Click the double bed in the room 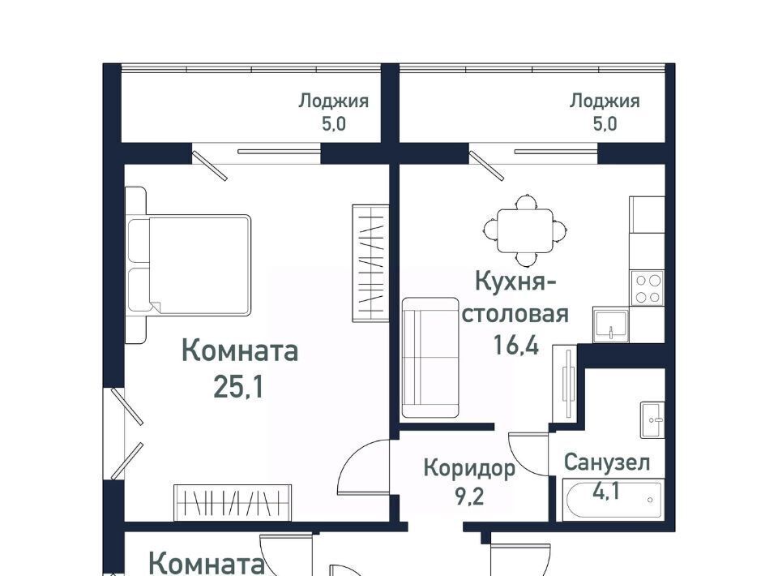[188, 265]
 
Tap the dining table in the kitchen [525, 230]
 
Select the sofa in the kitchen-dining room [430, 358]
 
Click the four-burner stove [647, 288]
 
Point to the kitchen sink [611, 325]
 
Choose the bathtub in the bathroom [613, 500]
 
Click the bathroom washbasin [652, 420]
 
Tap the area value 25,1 [238, 387]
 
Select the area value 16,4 [516, 344]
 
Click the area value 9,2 [469, 496]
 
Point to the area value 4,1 [606, 492]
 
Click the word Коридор [469, 469]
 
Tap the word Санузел [607, 462]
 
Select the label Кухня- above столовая [515, 282]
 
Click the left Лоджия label [333, 101]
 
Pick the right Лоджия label [605, 101]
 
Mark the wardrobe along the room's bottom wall [233, 502]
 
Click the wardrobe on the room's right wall [370, 263]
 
